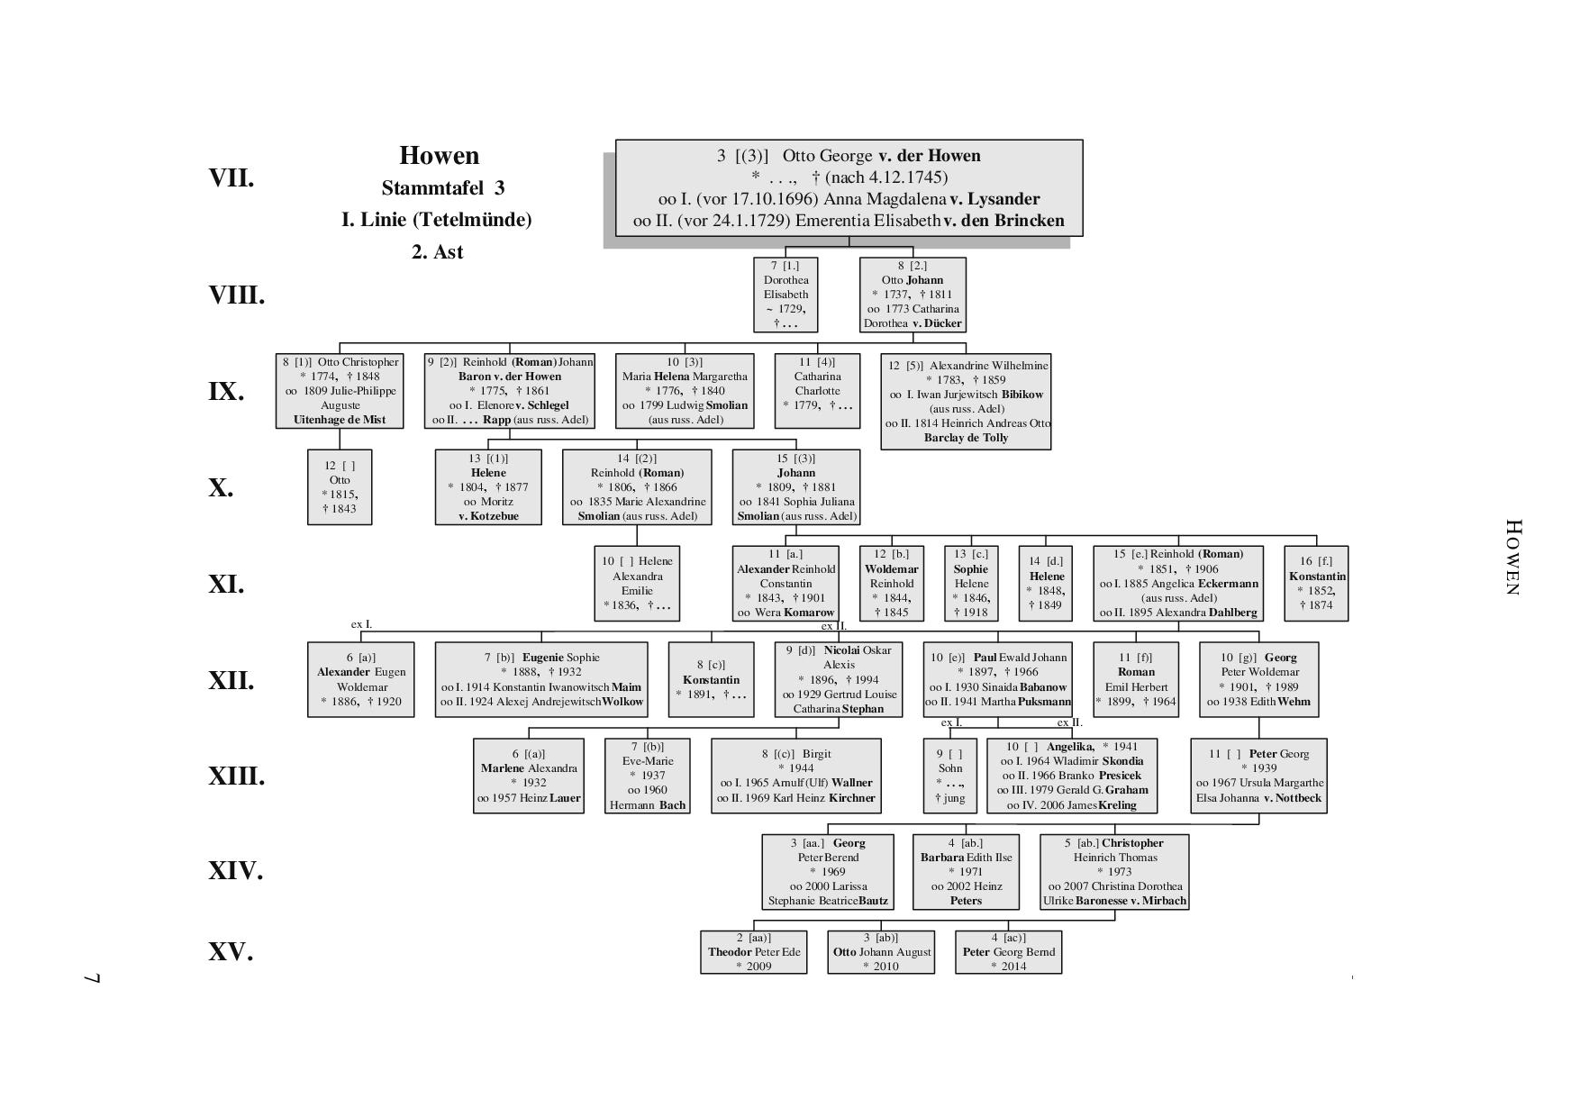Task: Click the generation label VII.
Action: [232, 178]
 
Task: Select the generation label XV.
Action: [231, 952]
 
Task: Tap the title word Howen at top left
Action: [440, 156]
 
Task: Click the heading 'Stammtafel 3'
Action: [442, 188]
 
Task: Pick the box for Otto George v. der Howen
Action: [849, 187]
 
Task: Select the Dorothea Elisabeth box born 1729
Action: [785, 295]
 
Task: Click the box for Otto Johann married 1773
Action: [913, 295]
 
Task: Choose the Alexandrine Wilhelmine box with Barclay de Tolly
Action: [967, 402]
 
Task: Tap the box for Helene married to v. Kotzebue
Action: [488, 487]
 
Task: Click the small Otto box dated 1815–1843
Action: [340, 487]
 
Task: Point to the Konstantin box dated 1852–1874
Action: [1317, 584]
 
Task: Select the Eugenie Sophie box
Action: [541, 680]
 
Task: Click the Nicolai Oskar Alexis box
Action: [839, 680]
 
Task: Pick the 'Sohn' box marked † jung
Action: [950, 776]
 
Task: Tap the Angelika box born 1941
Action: [1072, 776]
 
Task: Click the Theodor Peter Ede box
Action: [754, 952]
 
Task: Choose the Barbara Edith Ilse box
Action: [966, 872]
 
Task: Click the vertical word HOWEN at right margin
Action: [1512, 557]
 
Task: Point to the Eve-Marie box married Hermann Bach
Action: [648, 776]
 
